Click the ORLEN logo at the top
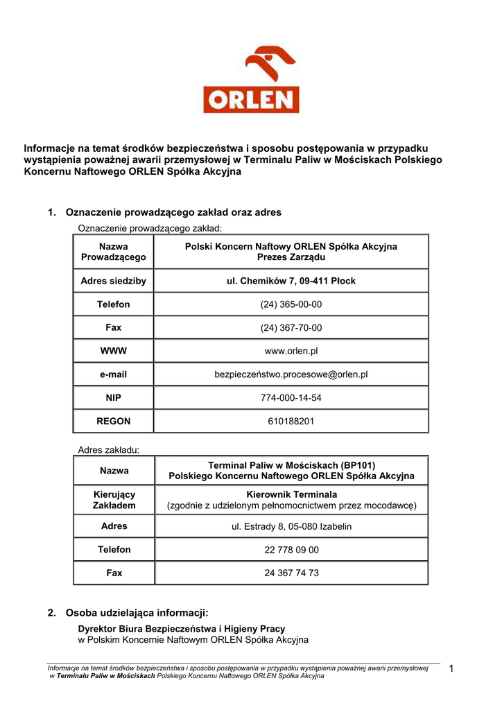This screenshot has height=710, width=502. (251, 80)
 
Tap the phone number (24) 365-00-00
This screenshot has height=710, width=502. (291, 304)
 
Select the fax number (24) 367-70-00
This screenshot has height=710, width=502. (291, 328)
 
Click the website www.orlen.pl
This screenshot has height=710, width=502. (291, 351)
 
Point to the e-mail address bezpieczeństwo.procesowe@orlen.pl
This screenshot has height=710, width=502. (291, 374)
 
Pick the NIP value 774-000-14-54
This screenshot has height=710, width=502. (291, 398)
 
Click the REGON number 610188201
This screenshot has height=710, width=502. (291, 421)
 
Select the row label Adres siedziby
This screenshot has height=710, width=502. (114, 281)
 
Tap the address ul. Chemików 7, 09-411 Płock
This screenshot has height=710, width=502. (291, 281)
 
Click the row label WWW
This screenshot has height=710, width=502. (114, 351)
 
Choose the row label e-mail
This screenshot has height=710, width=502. (114, 374)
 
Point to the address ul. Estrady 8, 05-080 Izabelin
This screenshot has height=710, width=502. (291, 526)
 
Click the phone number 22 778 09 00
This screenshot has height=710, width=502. (291, 550)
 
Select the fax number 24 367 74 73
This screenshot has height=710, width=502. (291, 573)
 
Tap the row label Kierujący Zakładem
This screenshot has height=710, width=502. (114, 500)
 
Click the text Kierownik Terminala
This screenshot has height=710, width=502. (291, 494)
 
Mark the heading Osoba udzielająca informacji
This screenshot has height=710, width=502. (137, 613)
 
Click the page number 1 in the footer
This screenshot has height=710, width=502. (451, 668)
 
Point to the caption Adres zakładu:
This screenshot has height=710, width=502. (109, 450)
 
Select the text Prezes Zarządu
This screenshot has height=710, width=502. (291, 257)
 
